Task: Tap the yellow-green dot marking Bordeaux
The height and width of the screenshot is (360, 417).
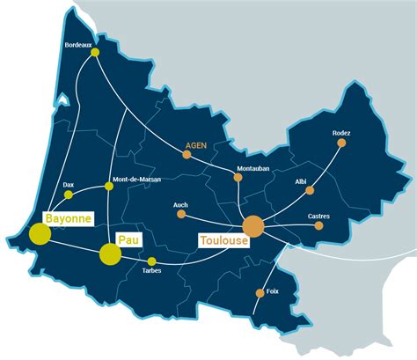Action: pyautogui.click(x=95, y=54)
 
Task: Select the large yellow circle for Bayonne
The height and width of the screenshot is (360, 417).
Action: pyautogui.click(x=40, y=233)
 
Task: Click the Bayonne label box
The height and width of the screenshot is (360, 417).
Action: pyautogui.click(x=68, y=217)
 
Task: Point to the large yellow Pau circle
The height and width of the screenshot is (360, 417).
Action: pyautogui.click(x=110, y=254)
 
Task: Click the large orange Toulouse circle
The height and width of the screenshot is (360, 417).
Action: pyautogui.click(x=253, y=226)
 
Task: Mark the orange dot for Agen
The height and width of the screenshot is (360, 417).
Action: pyautogui.click(x=187, y=155)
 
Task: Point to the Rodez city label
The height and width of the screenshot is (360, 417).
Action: pyautogui.click(x=341, y=133)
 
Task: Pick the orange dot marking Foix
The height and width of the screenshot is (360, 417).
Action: pyautogui.click(x=260, y=293)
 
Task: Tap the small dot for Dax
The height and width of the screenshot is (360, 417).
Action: pyautogui.click(x=69, y=195)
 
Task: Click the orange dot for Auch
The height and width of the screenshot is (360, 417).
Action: pyautogui.click(x=181, y=213)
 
